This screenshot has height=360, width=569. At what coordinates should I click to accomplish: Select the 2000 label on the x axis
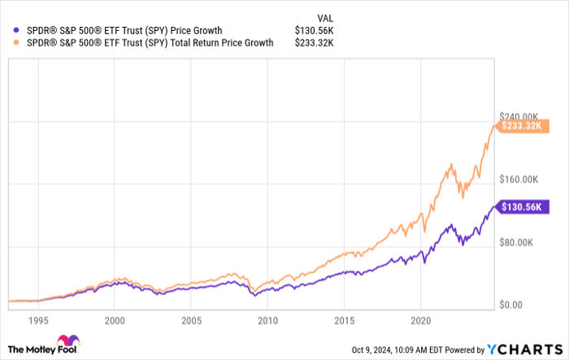click(x=115, y=320)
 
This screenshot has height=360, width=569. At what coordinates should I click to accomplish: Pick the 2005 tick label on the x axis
click(x=191, y=320)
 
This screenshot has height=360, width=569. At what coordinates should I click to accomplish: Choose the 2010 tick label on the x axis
click(x=267, y=320)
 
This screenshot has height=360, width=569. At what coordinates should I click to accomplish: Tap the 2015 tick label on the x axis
click(x=344, y=320)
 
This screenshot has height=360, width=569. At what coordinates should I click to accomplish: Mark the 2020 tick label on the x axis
click(x=420, y=320)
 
